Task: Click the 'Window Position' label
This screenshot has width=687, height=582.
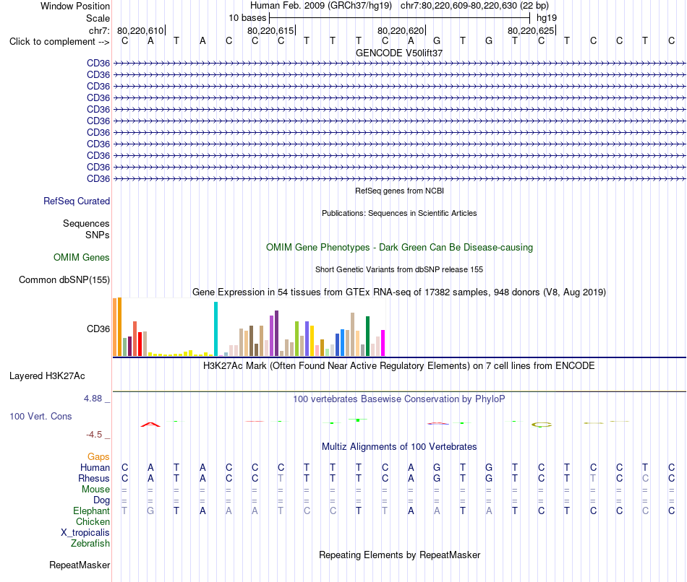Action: click(x=75, y=6)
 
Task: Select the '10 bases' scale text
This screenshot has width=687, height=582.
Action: click(x=247, y=18)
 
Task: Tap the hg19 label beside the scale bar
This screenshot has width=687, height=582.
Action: click(x=547, y=18)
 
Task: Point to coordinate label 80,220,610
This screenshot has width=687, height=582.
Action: click(x=140, y=30)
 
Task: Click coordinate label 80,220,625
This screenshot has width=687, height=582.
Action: click(x=531, y=30)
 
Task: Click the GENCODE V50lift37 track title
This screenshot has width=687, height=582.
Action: click(x=399, y=53)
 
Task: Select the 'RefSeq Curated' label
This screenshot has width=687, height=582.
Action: click(x=77, y=201)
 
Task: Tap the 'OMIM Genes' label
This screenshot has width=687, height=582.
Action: click(x=82, y=257)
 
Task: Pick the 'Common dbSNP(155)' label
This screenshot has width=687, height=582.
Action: click(x=64, y=279)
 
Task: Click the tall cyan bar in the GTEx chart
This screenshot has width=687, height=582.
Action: click(x=216, y=329)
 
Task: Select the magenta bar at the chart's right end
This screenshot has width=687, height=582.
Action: click(x=383, y=343)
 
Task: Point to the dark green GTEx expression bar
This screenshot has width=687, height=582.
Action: click(x=367, y=336)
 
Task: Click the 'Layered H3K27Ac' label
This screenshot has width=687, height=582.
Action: click(x=47, y=376)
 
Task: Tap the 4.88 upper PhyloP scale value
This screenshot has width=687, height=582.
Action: click(x=93, y=399)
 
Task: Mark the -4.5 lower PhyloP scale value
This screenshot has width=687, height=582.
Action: click(x=94, y=435)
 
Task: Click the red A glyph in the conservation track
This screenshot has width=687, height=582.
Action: click(x=150, y=424)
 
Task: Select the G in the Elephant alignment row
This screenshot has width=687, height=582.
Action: click(x=150, y=511)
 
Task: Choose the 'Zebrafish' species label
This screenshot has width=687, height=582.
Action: click(x=90, y=544)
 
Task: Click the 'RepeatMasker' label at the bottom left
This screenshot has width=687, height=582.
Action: click(x=80, y=565)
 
